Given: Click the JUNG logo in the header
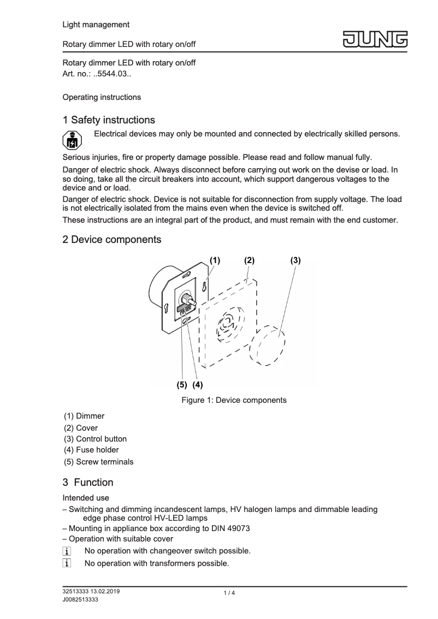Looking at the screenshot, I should [376, 40].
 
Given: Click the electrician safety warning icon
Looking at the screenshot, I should [72, 141].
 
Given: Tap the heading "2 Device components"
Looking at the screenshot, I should [112, 239].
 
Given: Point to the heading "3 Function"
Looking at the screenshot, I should [88, 483].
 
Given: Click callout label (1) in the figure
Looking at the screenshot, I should [215, 260].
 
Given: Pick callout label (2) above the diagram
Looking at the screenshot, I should [249, 260].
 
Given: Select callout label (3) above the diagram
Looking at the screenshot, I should [295, 260].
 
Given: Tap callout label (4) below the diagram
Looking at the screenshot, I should [197, 384].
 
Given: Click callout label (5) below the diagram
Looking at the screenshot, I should [182, 384].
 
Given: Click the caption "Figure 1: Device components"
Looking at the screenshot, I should [234, 400].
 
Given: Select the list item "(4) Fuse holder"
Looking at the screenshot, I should [91, 450].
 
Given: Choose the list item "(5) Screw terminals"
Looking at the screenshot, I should [98, 462].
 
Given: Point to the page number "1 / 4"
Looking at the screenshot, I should [229, 593].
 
